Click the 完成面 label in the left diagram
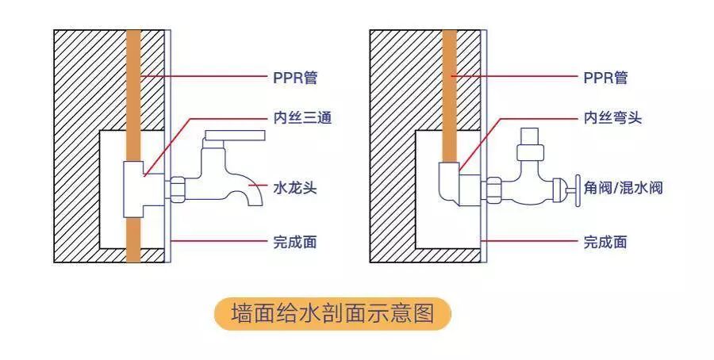tap(294, 242)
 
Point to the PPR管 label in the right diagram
tap(605, 77)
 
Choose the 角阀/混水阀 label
tap(623, 189)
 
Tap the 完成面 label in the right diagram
tap(605, 242)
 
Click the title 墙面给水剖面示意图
tap(332, 314)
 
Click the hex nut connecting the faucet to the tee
tap(176, 190)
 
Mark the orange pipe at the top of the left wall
tap(133, 56)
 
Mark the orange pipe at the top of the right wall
tap(450, 56)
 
